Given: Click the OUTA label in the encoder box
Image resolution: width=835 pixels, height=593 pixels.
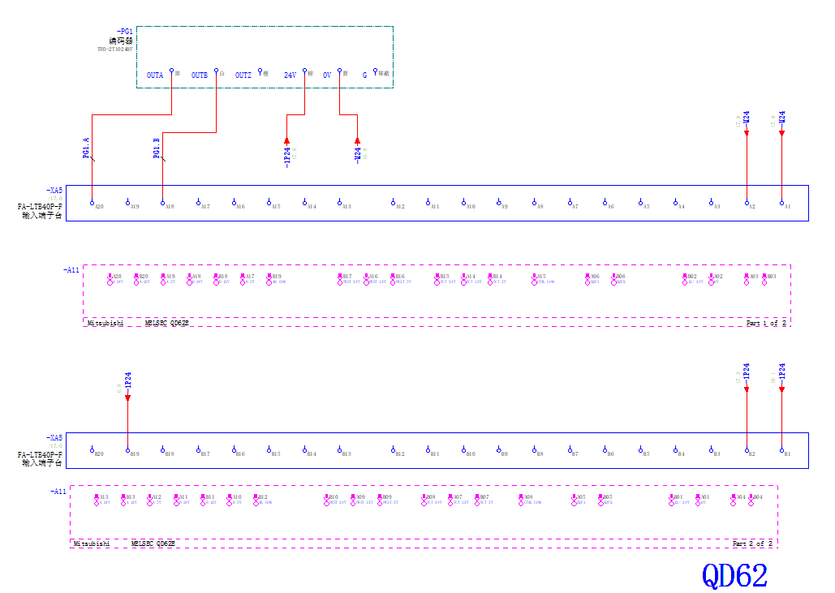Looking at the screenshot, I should pos(155,75).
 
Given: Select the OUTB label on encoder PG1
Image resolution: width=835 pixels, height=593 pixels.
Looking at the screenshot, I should pos(200,75).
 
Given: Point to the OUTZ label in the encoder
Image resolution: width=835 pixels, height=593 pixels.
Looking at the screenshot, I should pos(243,75).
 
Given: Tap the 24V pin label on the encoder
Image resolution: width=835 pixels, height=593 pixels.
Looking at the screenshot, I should pos(290,75).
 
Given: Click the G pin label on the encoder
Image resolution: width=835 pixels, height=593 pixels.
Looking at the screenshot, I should pos(364,75).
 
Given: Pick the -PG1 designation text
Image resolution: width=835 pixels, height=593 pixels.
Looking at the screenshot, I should pos(124,32).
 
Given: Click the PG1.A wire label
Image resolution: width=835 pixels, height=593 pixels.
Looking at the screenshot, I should pos(86,149).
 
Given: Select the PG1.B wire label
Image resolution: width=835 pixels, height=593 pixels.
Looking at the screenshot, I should pos(157,149).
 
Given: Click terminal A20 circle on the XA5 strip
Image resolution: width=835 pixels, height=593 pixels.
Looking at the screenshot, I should pos(93,203).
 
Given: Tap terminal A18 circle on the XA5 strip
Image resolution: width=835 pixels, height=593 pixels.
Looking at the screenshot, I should pos(163,203).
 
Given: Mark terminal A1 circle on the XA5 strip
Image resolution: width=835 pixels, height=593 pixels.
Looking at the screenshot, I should pos(782,203).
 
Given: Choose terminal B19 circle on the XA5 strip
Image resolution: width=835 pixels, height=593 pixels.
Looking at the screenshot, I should pos(127,450).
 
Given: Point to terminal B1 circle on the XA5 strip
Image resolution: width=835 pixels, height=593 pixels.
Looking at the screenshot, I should pos(782,450).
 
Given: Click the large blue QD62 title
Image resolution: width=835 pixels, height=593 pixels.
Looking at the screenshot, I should pos(734,575).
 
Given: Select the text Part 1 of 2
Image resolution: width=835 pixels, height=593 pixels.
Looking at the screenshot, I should pos(766,323).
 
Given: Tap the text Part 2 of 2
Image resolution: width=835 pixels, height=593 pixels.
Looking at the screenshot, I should pos(752,544).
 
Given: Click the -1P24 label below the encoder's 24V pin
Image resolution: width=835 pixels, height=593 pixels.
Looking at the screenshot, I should pos(286,153).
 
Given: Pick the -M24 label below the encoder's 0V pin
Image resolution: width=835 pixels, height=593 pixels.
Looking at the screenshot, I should pos(357,153).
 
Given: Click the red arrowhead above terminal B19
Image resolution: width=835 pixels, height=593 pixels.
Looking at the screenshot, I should pos(127,397).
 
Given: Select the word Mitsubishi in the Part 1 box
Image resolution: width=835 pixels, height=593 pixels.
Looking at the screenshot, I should pos(105,323).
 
